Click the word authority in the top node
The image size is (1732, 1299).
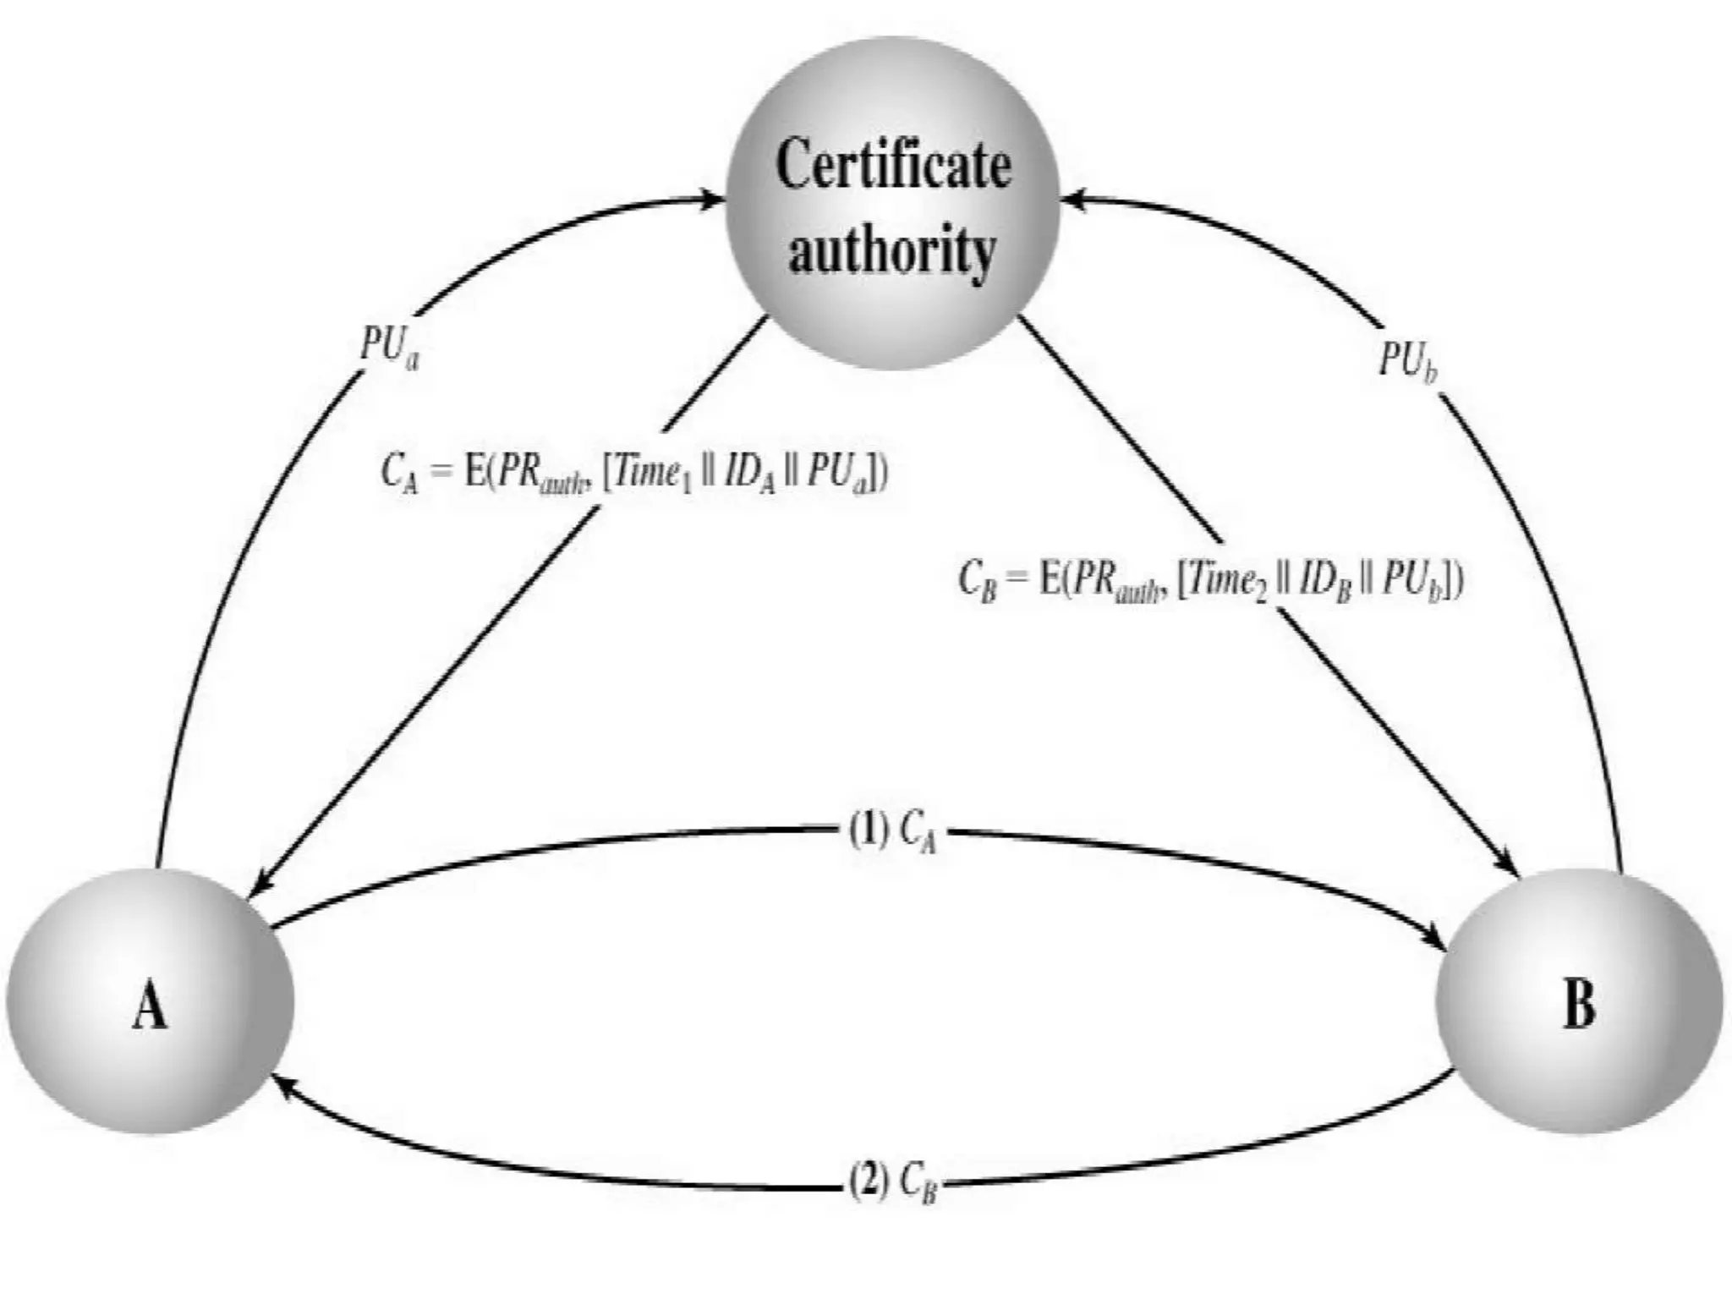coord(892,250)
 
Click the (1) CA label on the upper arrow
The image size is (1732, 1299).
coord(892,832)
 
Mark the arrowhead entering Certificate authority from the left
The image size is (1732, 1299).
coord(712,200)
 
